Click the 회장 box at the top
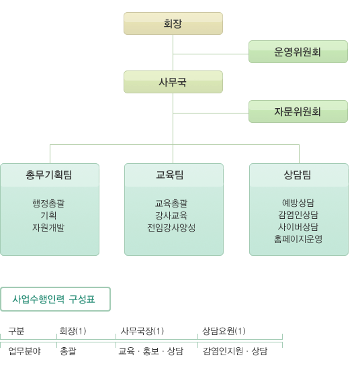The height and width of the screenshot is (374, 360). click(x=173, y=24)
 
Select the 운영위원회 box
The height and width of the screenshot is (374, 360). click(x=298, y=52)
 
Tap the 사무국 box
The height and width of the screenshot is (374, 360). click(x=173, y=82)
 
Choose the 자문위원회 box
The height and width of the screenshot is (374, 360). click(x=298, y=111)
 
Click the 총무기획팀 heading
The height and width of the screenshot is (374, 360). click(x=49, y=175)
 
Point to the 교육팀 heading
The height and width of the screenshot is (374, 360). click(x=170, y=175)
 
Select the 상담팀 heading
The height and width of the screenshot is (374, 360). click(x=298, y=175)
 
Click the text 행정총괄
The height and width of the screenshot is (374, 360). click(x=48, y=203)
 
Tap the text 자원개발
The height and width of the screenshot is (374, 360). click(x=48, y=228)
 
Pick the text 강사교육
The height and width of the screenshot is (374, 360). click(x=171, y=216)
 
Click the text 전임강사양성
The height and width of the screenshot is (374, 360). click(x=171, y=228)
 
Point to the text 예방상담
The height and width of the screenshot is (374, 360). click(x=298, y=203)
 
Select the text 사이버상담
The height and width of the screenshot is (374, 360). click(x=298, y=227)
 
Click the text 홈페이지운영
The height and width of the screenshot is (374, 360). click(x=298, y=239)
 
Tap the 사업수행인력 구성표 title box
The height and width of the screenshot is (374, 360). click(x=55, y=299)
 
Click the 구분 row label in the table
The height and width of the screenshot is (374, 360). click(x=16, y=331)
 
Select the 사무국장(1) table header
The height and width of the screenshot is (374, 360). click(x=142, y=331)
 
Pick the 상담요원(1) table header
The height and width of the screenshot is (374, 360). click(x=224, y=331)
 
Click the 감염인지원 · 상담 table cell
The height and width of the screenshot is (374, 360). click(x=235, y=351)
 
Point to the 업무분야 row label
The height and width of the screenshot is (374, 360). click(x=24, y=351)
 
